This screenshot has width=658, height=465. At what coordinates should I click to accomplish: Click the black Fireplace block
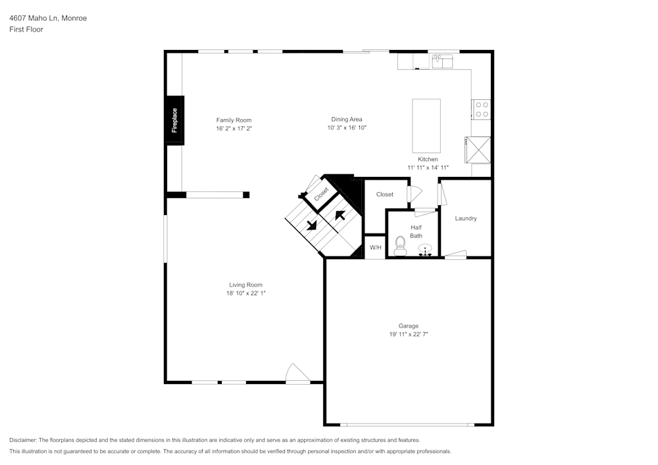pyautogui.click(x=174, y=120)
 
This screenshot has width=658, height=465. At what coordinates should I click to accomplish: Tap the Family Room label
pyautogui.click(x=234, y=120)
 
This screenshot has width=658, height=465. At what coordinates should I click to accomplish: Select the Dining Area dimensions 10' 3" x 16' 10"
pyautogui.click(x=346, y=128)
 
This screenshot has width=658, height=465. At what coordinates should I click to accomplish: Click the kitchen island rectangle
pyautogui.click(x=426, y=126)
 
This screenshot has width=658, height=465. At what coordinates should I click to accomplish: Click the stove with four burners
pyautogui.click(x=482, y=109)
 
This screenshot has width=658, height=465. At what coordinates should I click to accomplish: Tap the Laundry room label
pyautogui.click(x=466, y=218)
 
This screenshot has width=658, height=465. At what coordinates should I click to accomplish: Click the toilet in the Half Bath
pyautogui.click(x=399, y=247)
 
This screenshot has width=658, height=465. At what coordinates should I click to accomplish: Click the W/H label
pyautogui.click(x=375, y=247)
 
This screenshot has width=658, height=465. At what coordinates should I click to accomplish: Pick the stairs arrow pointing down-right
pyautogui.click(x=311, y=224)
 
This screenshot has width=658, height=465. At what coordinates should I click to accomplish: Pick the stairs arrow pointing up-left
pyautogui.click(x=340, y=214)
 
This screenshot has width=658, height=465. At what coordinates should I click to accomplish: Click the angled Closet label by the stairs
pyautogui.click(x=321, y=194)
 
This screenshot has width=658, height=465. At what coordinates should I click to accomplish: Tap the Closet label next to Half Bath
pyautogui.click(x=385, y=194)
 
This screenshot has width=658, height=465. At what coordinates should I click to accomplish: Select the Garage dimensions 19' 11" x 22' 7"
pyautogui.click(x=408, y=334)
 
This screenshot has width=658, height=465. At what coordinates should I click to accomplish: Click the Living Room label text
pyautogui.click(x=245, y=285)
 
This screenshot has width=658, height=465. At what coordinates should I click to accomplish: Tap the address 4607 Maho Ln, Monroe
pyautogui.click(x=48, y=18)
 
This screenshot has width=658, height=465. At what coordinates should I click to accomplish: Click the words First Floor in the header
pyautogui.click(x=26, y=30)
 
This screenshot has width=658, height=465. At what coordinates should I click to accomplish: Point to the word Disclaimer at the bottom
pyautogui.click(x=23, y=440)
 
